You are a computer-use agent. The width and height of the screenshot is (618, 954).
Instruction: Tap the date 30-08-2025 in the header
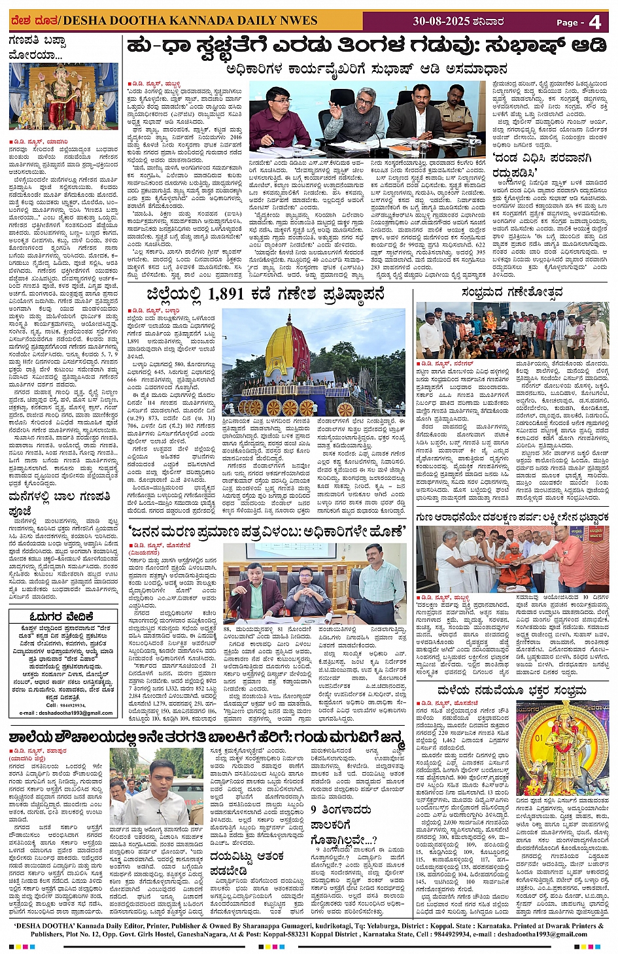(441, 21)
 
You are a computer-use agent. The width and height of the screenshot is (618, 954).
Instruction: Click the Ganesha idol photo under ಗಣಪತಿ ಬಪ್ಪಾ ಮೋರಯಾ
(63, 96)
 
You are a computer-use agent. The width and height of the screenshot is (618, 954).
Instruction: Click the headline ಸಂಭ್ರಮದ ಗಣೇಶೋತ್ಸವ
(511, 292)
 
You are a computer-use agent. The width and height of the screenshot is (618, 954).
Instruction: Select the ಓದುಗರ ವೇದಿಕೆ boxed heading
(63, 616)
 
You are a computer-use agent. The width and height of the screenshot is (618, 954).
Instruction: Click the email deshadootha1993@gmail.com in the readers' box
(66, 713)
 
